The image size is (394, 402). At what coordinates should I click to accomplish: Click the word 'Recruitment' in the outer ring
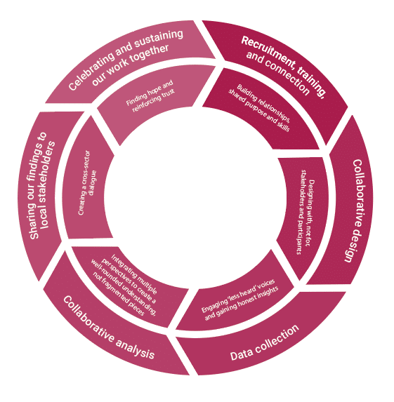(268, 51)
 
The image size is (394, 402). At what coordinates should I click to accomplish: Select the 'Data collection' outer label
(265, 343)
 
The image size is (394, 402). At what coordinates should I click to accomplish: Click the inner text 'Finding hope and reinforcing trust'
(150, 96)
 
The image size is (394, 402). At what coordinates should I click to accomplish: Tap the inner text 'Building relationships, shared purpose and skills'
(259, 107)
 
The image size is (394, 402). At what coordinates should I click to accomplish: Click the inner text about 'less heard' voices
(239, 300)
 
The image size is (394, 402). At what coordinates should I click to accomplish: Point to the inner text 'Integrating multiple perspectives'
(124, 285)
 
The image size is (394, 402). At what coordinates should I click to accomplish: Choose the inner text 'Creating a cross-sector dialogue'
(87, 182)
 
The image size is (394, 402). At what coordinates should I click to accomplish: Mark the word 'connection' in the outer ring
(287, 77)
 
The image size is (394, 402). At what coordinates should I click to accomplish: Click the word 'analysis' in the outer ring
(135, 348)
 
